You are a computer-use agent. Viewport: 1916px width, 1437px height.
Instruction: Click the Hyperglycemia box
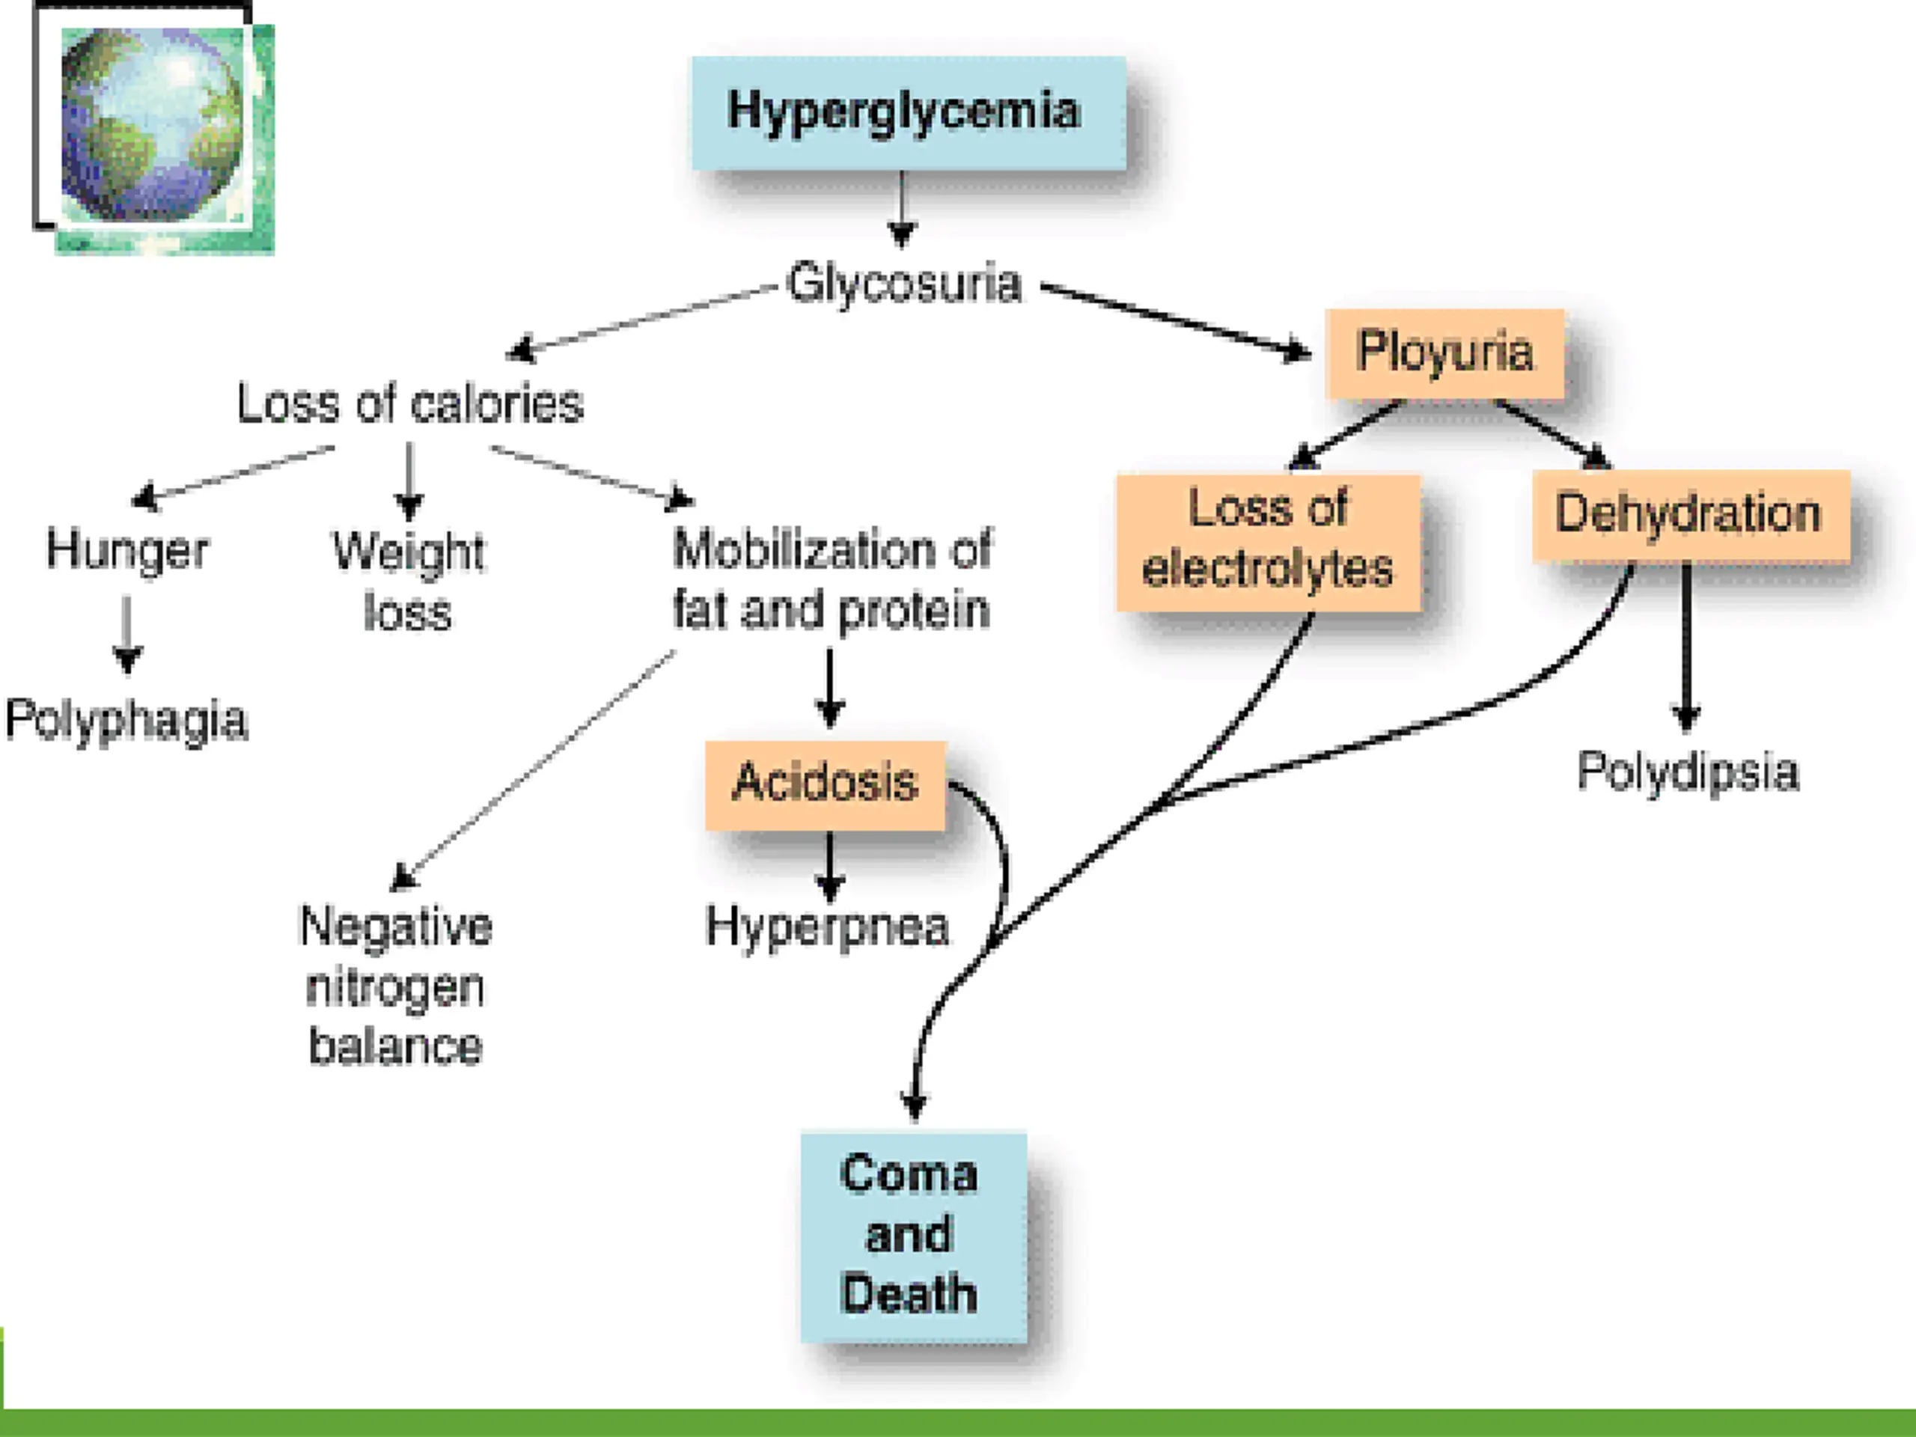tap(908, 112)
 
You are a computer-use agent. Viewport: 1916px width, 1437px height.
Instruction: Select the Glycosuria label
tap(903, 283)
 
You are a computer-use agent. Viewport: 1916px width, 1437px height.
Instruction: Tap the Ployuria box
tap(1444, 353)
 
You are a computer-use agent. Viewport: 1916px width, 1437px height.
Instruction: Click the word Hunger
tap(127, 550)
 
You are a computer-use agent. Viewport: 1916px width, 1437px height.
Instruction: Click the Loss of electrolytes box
tap(1268, 540)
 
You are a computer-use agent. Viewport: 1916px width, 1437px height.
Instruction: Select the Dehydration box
tap(1689, 514)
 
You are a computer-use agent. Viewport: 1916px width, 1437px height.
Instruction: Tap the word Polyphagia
tap(126, 720)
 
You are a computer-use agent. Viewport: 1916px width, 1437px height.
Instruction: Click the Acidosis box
tap(825, 783)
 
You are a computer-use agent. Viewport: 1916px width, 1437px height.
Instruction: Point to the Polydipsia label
tap(1687, 771)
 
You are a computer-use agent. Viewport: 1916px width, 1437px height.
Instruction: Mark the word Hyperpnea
tap(827, 927)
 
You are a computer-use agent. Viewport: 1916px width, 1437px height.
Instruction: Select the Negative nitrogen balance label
tap(396, 986)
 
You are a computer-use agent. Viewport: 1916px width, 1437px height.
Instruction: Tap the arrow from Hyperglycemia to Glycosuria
tap(902, 209)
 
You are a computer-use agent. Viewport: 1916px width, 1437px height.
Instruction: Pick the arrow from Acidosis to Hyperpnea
tap(830, 867)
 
